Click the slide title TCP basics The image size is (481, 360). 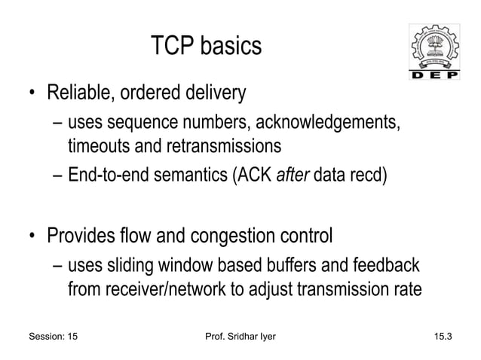(x=206, y=47)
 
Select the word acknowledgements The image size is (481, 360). (x=338, y=122)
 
